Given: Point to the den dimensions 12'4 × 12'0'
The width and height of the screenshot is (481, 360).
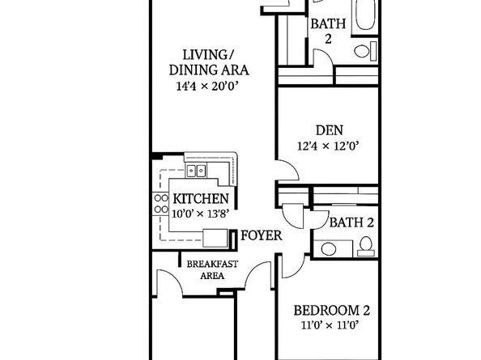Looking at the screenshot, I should pos(328,146).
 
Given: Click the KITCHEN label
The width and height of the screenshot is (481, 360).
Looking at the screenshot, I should pos(200,199).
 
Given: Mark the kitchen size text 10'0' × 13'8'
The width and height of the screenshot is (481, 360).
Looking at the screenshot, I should pos(200,214).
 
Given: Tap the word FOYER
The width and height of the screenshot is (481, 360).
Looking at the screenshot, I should pos(261,236).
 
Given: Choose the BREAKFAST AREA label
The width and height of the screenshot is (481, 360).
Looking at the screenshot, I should pos(206,269).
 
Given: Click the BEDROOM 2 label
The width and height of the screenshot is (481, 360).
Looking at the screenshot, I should pos(331,311).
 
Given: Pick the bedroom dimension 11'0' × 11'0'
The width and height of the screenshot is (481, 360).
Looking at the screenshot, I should pos(331,328).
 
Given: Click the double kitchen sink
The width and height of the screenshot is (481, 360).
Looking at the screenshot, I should pos(197,171).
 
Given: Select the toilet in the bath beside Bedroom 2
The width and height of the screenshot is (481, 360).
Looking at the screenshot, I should pos(365,244).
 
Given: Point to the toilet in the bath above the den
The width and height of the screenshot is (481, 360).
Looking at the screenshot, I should pos(363,52).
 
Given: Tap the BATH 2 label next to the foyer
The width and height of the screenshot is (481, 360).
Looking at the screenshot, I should pos(351,222).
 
